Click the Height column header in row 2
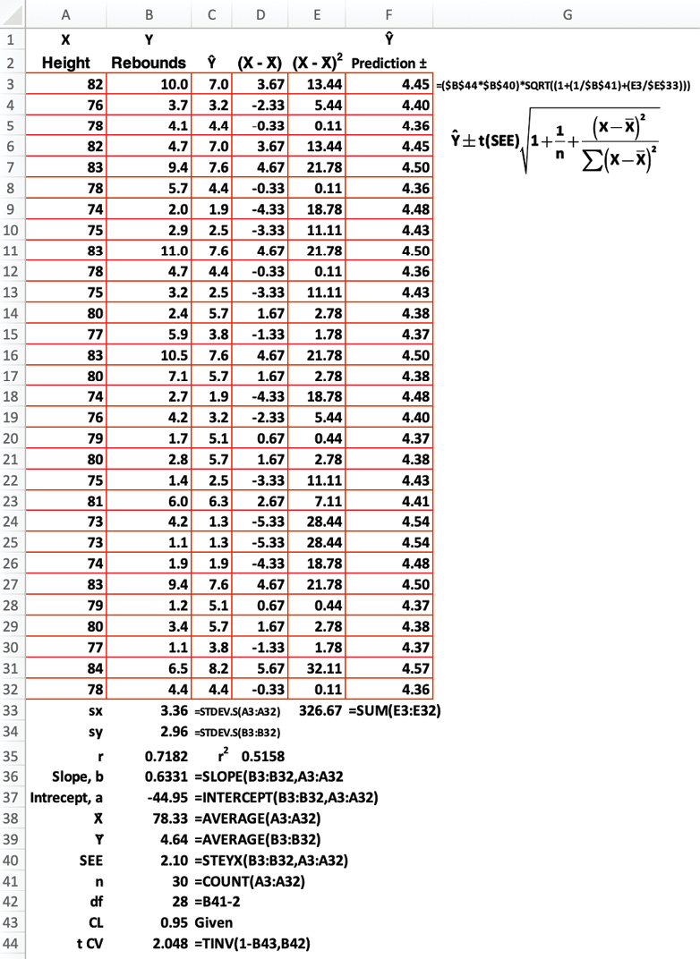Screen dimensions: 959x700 [x=66, y=64]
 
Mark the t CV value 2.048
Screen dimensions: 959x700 [x=170, y=943]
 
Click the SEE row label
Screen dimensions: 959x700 [x=90, y=861]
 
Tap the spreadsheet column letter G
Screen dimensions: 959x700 [x=566, y=13]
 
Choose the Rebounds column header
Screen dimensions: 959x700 [x=149, y=64]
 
